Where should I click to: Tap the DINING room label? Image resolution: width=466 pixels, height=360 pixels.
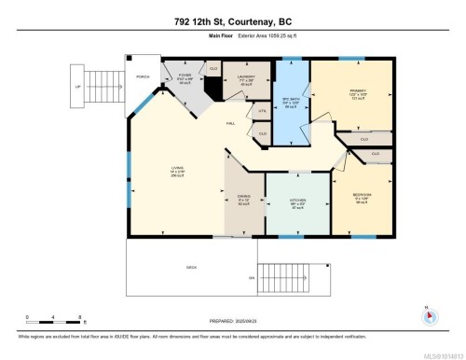pyautogui.click(x=243, y=200)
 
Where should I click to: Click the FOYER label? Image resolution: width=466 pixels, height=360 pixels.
pyautogui.click(x=185, y=76)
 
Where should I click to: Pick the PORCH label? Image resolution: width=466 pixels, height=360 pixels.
pyautogui.click(x=144, y=77)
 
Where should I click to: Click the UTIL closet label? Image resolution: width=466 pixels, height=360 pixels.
pyautogui.click(x=263, y=110)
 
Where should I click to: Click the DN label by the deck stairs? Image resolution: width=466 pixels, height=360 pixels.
pyautogui.click(x=250, y=278)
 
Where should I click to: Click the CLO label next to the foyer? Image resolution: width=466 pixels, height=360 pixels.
pyautogui.click(x=212, y=68)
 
